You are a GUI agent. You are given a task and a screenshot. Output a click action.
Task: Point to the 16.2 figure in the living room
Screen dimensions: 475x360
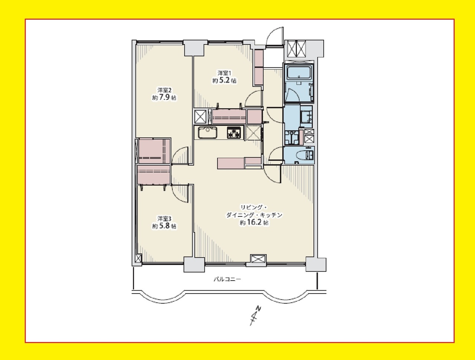tap(253, 223)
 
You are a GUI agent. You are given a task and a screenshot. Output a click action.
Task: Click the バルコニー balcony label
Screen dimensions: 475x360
tap(227, 279)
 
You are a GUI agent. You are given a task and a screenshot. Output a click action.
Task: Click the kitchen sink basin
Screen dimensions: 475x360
tap(207, 132)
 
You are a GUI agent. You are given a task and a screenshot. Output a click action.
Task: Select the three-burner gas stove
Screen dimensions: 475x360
tap(234, 132)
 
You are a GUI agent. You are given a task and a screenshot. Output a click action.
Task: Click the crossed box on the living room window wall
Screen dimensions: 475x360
tap(258, 259)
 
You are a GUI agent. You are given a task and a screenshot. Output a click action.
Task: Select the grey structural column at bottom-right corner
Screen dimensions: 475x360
tap(316, 264)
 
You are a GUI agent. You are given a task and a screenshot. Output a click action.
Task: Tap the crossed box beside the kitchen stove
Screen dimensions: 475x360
tap(253, 132)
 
